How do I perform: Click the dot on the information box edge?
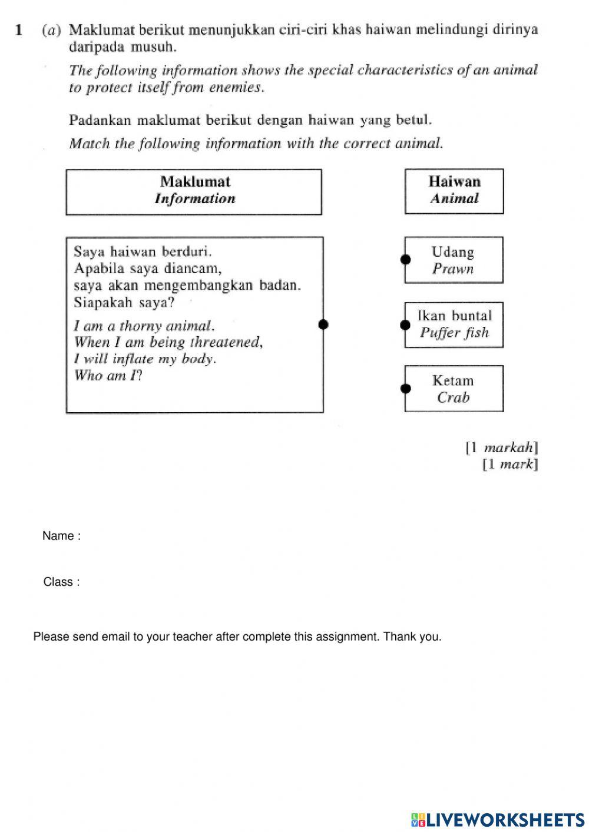(323, 324)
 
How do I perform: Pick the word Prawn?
(452, 269)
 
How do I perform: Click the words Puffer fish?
(454, 333)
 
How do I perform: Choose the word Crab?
(453, 397)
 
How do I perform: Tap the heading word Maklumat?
(195, 182)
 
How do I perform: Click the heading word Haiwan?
(454, 182)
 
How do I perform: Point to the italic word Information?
(195, 199)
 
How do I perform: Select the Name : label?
(61, 536)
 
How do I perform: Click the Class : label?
(61, 582)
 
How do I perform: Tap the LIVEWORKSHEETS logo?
(498, 820)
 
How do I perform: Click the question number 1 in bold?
(19, 29)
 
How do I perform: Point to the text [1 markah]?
(502, 448)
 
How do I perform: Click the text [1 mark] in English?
(510, 465)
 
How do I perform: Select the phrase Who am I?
(108, 376)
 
